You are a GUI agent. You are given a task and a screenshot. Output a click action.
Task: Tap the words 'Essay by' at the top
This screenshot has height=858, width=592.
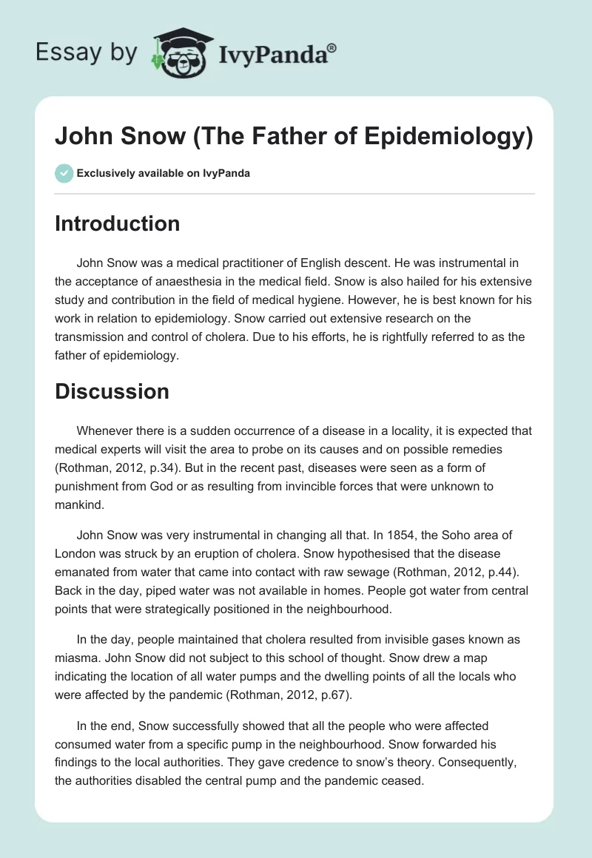87,53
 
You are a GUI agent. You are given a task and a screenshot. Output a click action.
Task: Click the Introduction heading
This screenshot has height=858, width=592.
117,223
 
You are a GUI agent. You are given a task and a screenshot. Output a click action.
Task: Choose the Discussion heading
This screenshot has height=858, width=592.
112,391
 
